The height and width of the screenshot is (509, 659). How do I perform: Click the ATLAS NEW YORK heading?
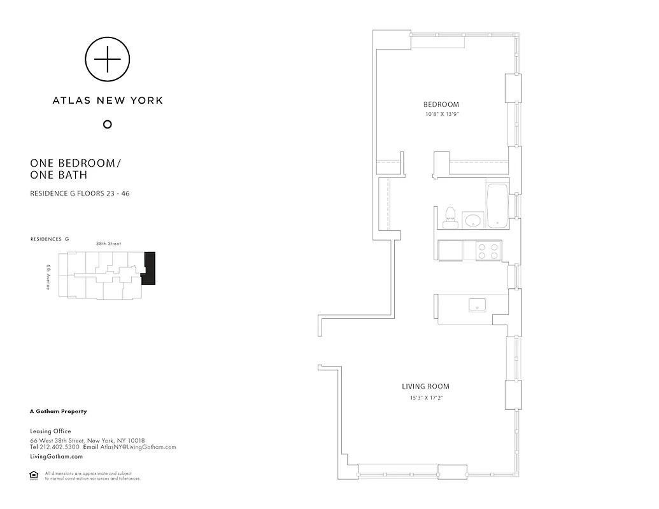108,100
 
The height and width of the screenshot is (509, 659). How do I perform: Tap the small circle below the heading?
108,124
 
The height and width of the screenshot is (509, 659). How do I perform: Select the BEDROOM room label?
441,104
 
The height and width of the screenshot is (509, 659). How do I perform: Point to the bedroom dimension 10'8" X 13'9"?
442,115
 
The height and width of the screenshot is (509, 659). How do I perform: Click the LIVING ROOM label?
425,386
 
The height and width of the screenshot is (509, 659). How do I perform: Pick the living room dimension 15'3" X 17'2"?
425,398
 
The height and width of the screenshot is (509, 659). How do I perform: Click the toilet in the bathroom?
450,217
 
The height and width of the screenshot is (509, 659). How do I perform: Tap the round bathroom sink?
472,220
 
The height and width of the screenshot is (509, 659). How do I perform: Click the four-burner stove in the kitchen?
488,251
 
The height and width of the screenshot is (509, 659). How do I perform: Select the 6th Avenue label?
48,277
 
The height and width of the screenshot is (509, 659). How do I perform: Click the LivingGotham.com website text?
56,457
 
